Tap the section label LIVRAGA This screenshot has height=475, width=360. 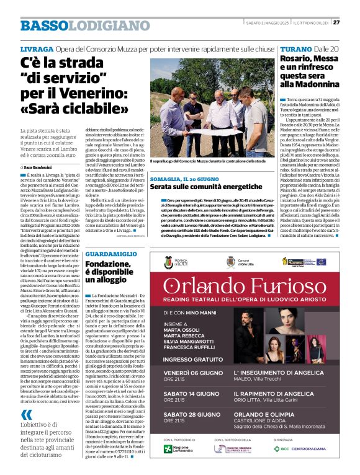37,48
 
